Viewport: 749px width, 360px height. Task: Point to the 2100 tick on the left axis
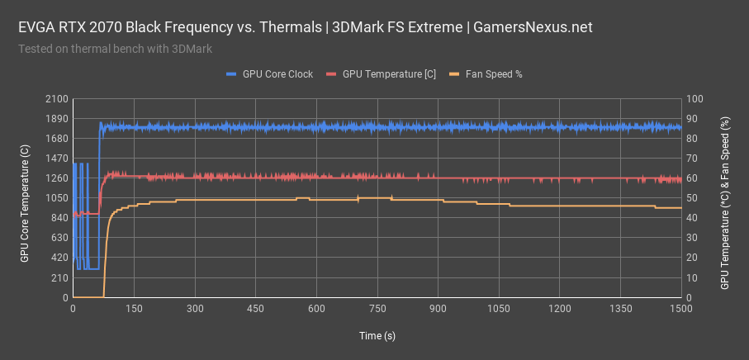57,99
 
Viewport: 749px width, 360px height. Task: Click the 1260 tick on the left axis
57,178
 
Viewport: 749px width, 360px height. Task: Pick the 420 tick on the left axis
59,258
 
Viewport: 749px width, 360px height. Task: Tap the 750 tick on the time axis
377,309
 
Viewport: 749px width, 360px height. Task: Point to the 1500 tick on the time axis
681,309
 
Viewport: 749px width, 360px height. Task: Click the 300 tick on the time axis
195,309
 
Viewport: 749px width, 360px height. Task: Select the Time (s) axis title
377,336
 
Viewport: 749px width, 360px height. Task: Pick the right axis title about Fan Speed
725,202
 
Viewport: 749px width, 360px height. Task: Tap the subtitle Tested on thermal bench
115,48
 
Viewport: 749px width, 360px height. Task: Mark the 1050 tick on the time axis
499,309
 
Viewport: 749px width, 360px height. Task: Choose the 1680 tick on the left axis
57,139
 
